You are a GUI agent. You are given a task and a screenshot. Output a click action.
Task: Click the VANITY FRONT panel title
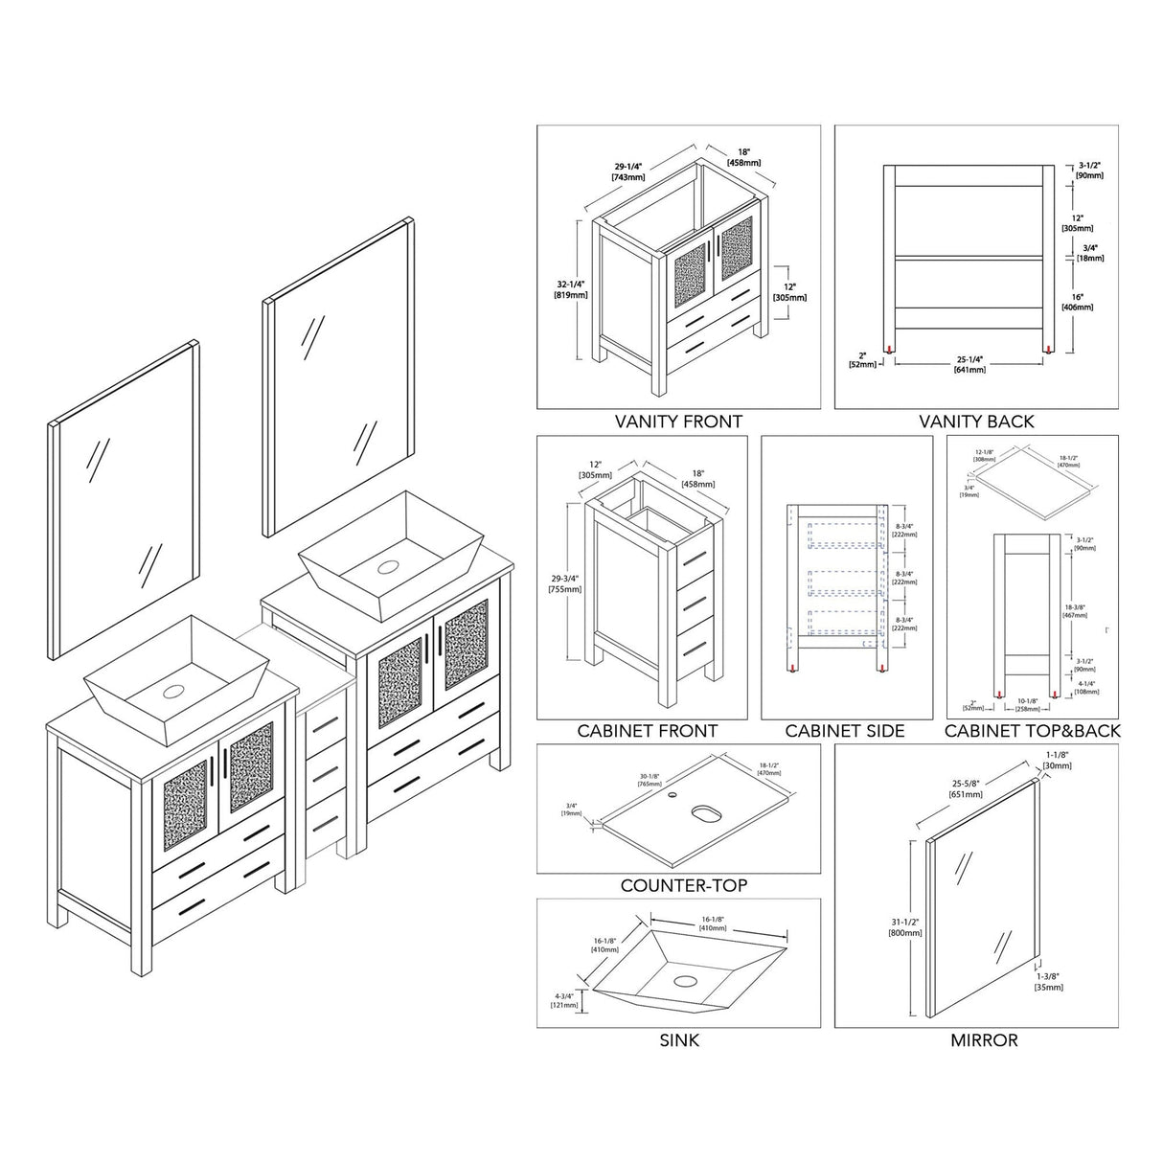[x=678, y=421]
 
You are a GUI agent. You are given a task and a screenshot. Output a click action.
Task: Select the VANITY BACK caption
[x=976, y=421]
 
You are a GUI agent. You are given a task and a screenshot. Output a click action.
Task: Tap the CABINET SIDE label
[x=845, y=731]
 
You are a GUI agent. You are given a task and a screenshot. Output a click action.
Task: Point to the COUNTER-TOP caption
[x=683, y=885]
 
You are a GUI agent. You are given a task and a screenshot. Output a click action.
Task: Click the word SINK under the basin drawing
[x=680, y=1040]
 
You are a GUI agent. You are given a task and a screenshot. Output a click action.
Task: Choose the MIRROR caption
[x=984, y=1040]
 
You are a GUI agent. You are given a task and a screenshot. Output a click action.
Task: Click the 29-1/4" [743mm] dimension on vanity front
[x=628, y=171]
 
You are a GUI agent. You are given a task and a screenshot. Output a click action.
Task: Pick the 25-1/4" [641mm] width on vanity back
[x=969, y=365]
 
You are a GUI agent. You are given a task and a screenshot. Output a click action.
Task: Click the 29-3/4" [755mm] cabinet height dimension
[x=566, y=583]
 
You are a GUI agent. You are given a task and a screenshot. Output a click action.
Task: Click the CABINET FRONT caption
[x=647, y=731]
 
